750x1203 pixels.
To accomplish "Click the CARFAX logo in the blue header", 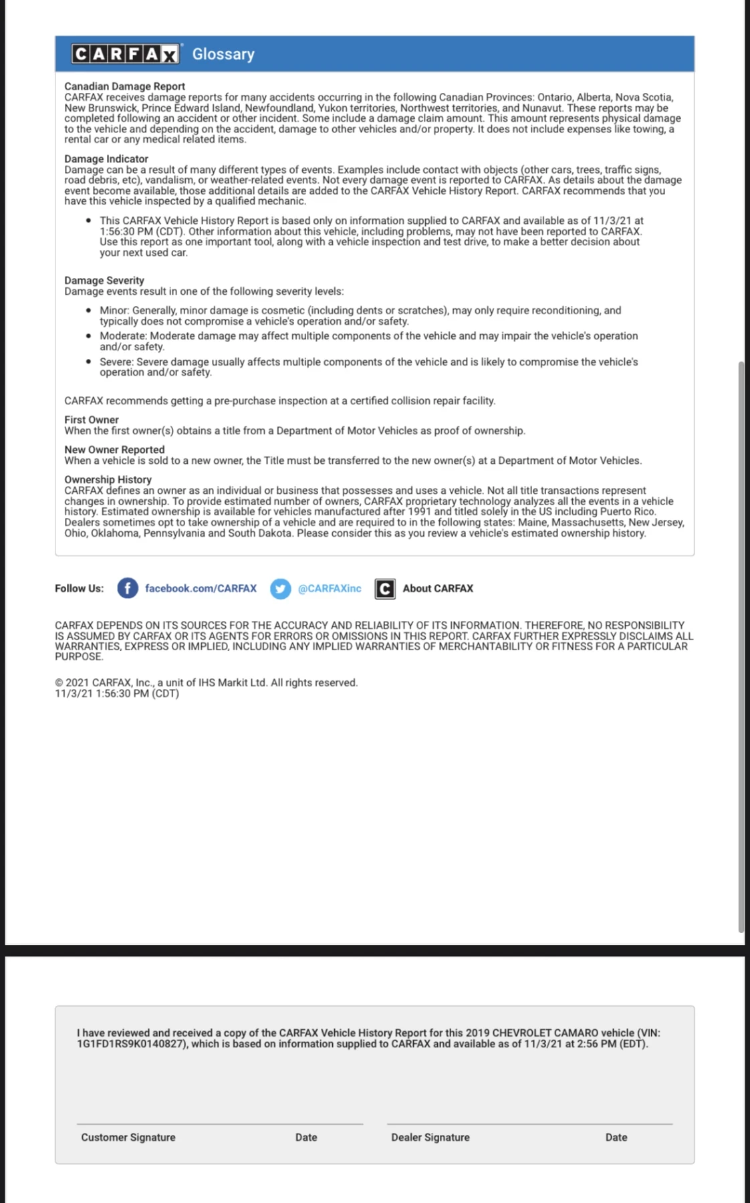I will pos(126,54).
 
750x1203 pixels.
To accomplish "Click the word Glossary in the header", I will pos(223,54).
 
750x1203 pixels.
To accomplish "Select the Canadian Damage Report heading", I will pos(124,86).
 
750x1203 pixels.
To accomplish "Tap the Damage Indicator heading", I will pos(106,159).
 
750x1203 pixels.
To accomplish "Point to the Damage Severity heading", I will pos(104,281).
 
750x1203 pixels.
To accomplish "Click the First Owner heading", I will pos(92,420).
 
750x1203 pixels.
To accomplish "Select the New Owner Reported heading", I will pos(114,450).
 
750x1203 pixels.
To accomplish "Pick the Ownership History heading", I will pos(108,480).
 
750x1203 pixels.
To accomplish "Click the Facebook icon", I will pos(128,588).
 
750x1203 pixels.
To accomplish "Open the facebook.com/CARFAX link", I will pos(201,588).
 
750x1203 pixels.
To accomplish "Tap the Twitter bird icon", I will pos(281,588).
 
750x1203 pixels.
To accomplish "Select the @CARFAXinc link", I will pos(330,588).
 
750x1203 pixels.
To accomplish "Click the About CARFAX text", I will pos(438,588).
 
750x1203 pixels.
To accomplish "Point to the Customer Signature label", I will pos(128,1138).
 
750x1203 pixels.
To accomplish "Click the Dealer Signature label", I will pos(430,1138).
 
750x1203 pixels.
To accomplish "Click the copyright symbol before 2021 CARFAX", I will pos(59,683).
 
